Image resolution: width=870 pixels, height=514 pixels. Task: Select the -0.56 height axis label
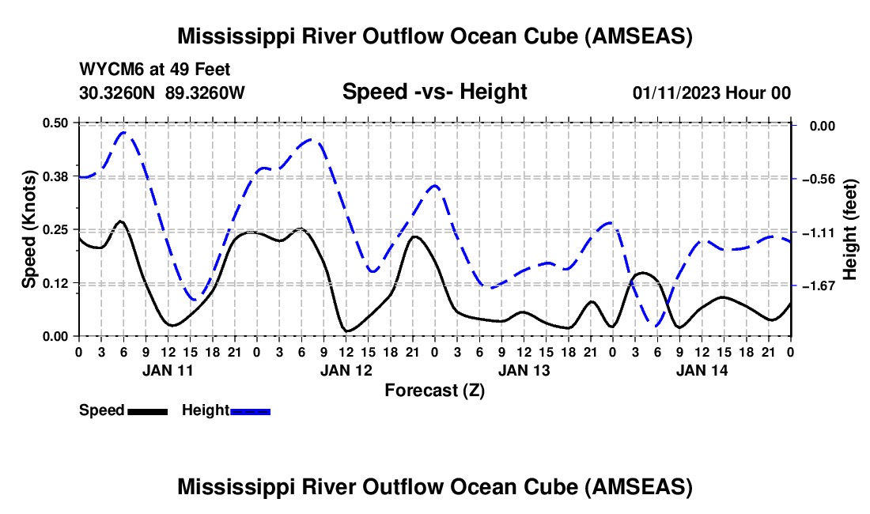[x=817, y=179]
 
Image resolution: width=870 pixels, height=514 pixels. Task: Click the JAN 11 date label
[x=166, y=370]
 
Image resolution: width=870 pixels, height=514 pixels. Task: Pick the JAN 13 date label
[x=524, y=370]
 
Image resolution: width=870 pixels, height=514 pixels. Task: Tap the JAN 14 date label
[x=701, y=370]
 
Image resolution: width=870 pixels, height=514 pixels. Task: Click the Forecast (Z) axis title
[x=434, y=390]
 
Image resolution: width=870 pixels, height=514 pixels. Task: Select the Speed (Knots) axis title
[x=28, y=229]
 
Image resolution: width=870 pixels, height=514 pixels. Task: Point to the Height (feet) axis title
[x=851, y=229]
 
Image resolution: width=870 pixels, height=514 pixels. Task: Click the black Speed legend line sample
[x=146, y=411]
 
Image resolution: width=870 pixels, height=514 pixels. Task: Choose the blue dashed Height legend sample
[x=250, y=411]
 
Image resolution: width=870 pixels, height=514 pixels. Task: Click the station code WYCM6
[x=108, y=70]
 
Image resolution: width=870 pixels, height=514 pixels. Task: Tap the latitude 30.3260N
[x=119, y=93]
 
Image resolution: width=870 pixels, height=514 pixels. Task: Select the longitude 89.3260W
[x=206, y=93]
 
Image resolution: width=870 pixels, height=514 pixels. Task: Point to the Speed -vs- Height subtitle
[x=434, y=92]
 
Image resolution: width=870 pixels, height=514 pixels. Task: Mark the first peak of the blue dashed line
[x=124, y=132]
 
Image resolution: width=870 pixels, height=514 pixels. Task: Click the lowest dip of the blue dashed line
[x=656, y=324]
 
